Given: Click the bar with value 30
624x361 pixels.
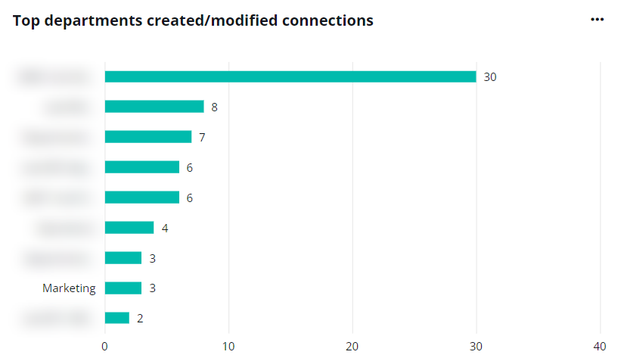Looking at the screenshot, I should (x=290, y=76).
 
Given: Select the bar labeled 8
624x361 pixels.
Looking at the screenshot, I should (x=154, y=107).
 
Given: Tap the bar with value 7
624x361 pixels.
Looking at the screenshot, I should (x=148, y=137).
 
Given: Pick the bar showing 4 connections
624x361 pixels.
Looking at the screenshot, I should (x=129, y=228).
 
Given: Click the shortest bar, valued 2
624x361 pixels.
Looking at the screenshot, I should (x=117, y=318).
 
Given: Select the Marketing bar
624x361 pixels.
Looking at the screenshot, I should (x=123, y=288).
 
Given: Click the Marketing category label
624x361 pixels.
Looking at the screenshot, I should (x=69, y=288).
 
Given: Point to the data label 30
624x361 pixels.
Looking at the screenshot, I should (x=489, y=77).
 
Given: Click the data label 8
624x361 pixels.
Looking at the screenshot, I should (x=214, y=107).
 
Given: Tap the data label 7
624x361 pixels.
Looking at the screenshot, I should (x=202, y=138).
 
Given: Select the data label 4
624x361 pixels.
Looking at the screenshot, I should (x=165, y=228).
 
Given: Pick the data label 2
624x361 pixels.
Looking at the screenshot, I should (x=140, y=319).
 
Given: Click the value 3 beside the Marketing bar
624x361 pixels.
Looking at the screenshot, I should (x=152, y=288).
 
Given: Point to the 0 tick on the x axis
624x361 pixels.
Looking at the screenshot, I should (x=104, y=346).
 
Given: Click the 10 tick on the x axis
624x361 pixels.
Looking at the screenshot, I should (x=228, y=346).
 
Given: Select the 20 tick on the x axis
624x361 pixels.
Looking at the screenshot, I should (x=352, y=346).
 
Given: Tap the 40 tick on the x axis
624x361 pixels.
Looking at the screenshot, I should (x=600, y=346).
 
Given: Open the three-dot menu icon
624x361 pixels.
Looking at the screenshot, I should (x=597, y=20).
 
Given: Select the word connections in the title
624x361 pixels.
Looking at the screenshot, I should (x=328, y=20).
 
